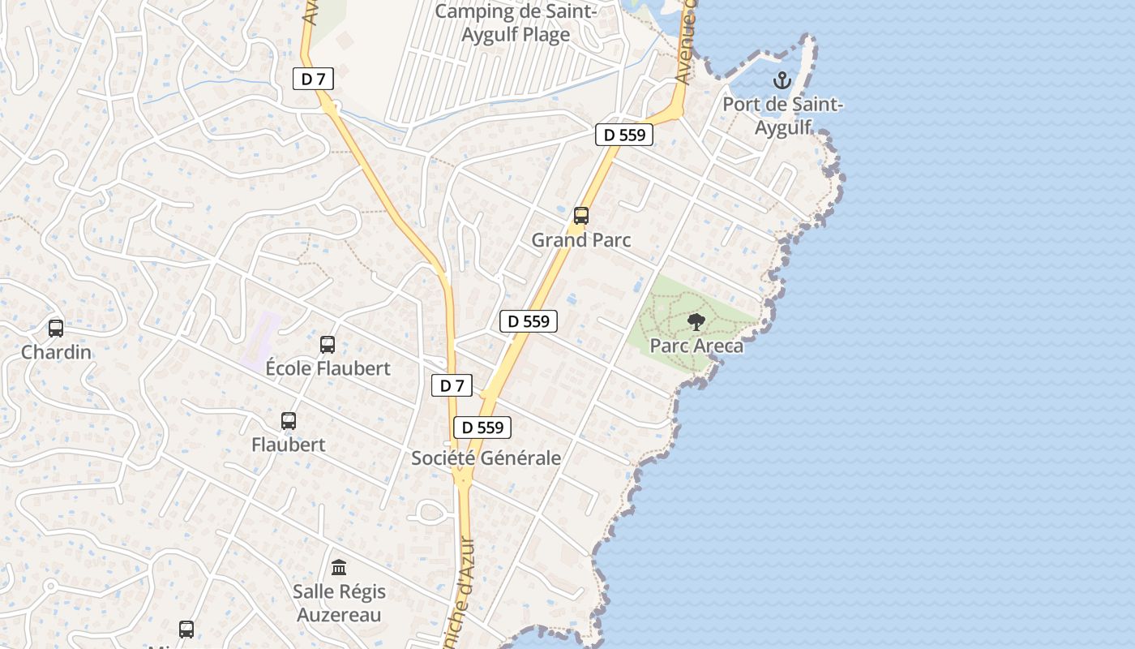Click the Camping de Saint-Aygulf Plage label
tap(516, 24)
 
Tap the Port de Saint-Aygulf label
tap(782, 116)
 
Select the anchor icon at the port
tap(782, 80)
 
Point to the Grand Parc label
tap(580, 240)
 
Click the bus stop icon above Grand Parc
tap(580, 216)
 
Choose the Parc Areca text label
tap(696, 346)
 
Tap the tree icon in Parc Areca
tap(696, 322)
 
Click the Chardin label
tap(56, 353)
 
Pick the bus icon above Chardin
tap(56, 329)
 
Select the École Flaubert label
tap(328, 368)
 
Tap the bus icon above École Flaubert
tap(328, 345)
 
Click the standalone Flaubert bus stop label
tap(288, 445)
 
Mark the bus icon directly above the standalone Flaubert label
tap(289, 421)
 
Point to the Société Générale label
tap(486, 458)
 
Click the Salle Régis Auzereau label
tap(339, 603)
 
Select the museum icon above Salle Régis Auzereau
tap(339, 567)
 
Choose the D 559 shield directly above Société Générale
tap(482, 428)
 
